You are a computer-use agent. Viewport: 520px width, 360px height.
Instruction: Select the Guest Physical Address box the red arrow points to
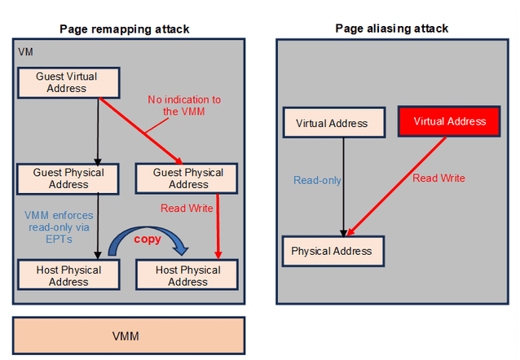point(188,178)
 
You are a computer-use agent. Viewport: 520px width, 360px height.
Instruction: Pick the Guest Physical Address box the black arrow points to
point(68,178)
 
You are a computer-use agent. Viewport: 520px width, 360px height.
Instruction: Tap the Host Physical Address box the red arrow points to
point(188,275)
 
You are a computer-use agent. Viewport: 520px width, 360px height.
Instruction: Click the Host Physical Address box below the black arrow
point(68,275)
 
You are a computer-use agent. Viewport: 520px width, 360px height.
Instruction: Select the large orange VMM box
point(129,336)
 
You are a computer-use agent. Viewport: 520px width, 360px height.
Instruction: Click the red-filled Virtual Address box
point(449,121)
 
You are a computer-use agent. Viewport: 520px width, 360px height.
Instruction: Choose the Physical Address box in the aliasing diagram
point(331,251)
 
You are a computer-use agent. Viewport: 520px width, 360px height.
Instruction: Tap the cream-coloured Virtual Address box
point(331,124)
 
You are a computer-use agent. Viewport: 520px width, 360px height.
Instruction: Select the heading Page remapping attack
point(125,29)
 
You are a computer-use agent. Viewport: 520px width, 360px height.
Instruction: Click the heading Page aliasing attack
point(391,29)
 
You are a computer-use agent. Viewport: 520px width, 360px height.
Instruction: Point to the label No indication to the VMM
point(183,105)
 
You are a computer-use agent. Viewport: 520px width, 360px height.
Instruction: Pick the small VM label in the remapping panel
point(26,53)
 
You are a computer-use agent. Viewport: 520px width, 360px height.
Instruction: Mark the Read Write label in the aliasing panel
point(438,178)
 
